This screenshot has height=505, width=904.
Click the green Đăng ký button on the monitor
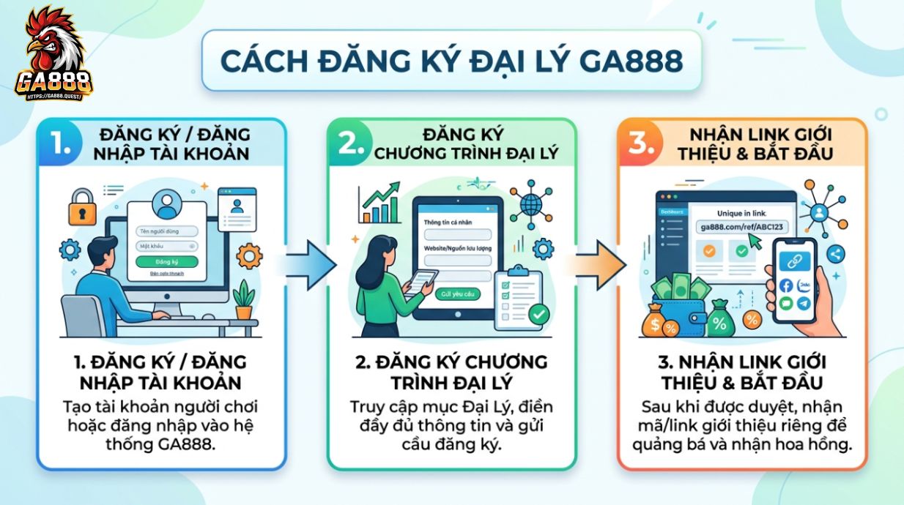click(166, 261)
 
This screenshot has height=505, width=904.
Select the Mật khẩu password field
click(166, 246)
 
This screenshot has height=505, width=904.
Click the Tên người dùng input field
click(166, 231)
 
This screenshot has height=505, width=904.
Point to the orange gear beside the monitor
click(250, 255)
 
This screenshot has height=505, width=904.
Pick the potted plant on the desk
click(243, 299)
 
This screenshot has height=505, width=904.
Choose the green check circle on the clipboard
click(539, 314)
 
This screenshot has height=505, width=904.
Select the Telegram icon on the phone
click(804, 303)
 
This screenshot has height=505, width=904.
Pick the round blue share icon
click(836, 254)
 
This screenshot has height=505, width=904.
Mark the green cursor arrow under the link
click(755, 242)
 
